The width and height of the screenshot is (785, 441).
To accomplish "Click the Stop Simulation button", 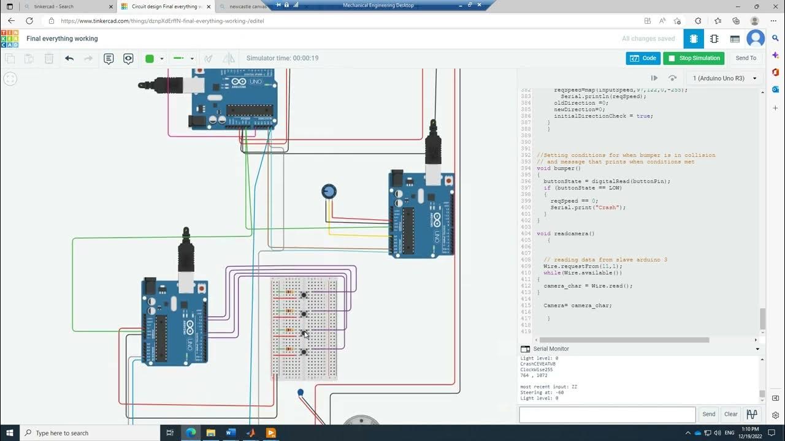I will click(694, 58).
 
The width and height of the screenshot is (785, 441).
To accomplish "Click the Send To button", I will click(746, 58).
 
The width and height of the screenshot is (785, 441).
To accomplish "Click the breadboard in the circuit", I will click(305, 328).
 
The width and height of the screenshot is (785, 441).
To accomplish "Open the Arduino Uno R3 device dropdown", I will click(726, 78).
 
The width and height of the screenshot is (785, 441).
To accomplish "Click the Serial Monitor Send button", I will click(708, 414).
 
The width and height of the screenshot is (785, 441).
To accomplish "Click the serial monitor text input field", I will click(607, 415).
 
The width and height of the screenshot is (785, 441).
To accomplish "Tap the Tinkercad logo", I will click(10, 39).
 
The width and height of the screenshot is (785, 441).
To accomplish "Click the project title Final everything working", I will click(62, 39).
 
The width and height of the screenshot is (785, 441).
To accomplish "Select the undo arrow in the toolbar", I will click(69, 59).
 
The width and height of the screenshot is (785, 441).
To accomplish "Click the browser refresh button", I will click(29, 21).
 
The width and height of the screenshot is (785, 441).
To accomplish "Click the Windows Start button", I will click(10, 433).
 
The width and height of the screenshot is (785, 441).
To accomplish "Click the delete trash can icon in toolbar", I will click(49, 59).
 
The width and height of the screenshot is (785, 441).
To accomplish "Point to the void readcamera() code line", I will click(565, 233).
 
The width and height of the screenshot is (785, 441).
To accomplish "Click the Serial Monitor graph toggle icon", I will click(752, 414).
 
